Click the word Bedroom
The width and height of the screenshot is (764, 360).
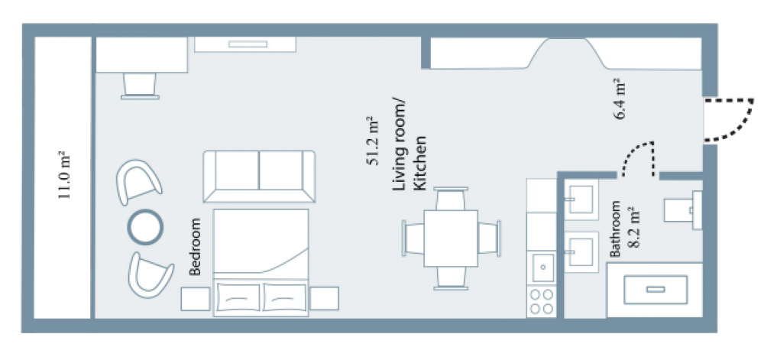point(194,246)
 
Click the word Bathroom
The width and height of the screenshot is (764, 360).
point(616,229)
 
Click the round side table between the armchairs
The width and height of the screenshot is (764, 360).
point(145,226)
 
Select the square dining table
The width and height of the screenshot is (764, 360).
point(451,238)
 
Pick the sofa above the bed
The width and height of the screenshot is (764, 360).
point(259,176)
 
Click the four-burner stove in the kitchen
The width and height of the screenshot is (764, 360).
point(542,302)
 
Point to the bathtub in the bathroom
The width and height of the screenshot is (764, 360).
point(655,290)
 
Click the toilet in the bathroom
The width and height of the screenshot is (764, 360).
point(684,210)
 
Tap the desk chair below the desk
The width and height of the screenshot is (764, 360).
point(140,86)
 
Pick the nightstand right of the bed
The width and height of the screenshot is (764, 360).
point(324,299)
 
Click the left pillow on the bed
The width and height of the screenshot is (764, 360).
point(238,297)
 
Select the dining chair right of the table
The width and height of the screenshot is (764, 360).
point(489,238)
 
